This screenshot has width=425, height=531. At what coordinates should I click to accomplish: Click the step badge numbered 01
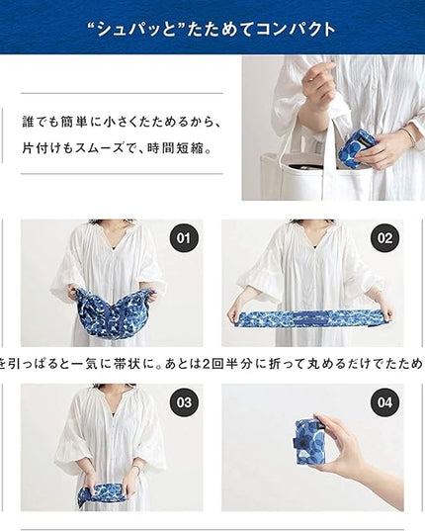[x=184, y=238]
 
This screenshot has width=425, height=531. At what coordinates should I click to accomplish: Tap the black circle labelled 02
[x=384, y=238]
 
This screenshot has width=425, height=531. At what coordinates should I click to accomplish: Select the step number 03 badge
[x=184, y=402]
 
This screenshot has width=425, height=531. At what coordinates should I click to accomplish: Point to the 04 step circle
[x=384, y=402]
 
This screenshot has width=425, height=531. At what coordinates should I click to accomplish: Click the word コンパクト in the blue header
[x=296, y=30]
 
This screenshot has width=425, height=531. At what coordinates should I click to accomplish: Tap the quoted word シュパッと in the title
[x=135, y=30]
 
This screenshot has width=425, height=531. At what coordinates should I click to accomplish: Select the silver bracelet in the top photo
[x=410, y=134]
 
